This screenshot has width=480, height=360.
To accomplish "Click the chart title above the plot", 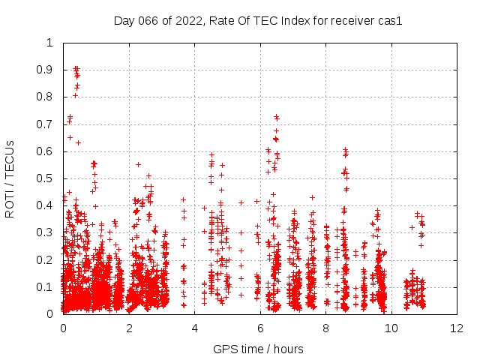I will [x=258, y=21].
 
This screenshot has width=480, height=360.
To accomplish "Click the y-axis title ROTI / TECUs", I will [x=10, y=178].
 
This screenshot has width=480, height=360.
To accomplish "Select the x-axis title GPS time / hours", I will [x=258, y=349].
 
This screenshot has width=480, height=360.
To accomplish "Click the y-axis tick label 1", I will [x=49, y=43].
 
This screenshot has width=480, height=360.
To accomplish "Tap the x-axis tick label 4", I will [x=194, y=328].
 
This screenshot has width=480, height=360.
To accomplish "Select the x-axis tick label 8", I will [x=325, y=328].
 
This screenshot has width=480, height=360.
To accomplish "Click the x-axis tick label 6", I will [x=260, y=328].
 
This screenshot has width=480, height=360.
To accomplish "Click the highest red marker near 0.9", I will [x=76, y=68].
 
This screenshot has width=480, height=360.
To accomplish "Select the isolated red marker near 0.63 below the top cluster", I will [x=78, y=142].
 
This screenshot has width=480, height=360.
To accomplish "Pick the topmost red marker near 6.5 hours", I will [x=276, y=116].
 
